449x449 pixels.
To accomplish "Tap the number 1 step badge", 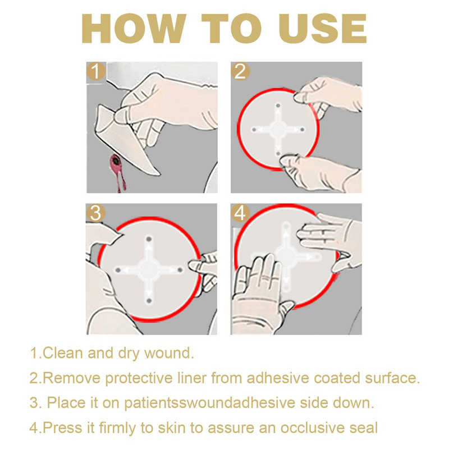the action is (96, 71).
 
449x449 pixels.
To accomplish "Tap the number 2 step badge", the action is (240, 71).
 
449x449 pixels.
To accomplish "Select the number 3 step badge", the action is (95, 213).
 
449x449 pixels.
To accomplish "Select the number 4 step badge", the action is (240, 213).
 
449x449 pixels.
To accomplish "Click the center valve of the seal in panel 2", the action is (278, 130).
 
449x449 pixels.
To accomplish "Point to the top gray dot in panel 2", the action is (278, 106).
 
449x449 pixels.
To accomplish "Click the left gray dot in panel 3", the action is (118, 270).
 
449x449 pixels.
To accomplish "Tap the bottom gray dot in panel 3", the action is (149, 301).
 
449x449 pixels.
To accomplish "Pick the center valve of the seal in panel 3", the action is (149, 269).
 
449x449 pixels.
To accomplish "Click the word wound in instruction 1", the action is (169, 353).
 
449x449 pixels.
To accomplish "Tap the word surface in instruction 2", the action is (392, 378).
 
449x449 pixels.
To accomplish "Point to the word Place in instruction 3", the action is (66, 402).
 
